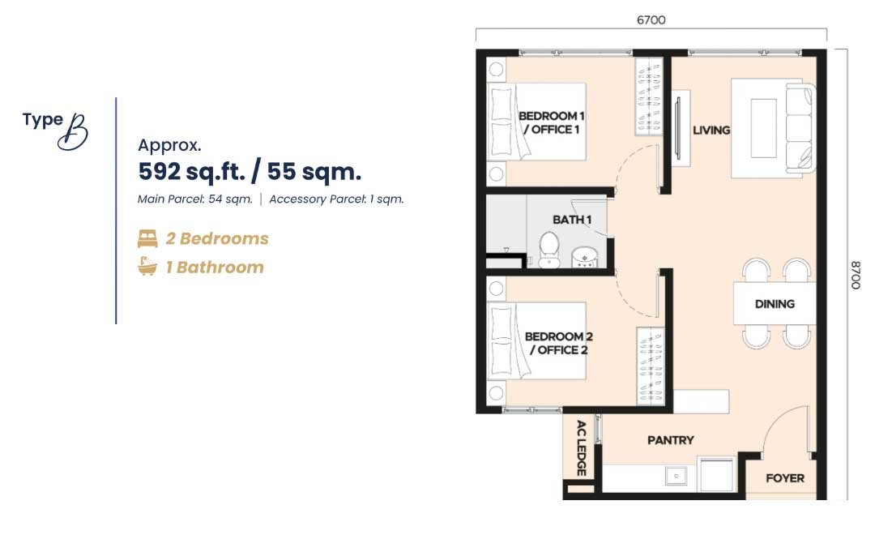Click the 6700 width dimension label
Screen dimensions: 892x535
(x=651, y=20)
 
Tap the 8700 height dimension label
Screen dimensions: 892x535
(x=856, y=275)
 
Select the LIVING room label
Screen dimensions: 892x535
(x=711, y=131)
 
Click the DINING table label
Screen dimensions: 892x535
(x=775, y=304)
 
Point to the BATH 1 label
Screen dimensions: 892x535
(x=572, y=220)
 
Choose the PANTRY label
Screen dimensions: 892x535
(x=671, y=440)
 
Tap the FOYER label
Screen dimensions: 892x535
(x=785, y=478)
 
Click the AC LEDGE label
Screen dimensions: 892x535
(x=581, y=448)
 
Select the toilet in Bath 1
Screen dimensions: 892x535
(x=549, y=250)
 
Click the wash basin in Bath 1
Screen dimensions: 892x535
(x=584, y=257)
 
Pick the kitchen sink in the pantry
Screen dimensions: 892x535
(x=676, y=476)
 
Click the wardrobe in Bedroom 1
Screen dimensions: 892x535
(x=648, y=96)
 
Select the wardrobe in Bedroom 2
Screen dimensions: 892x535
(x=651, y=366)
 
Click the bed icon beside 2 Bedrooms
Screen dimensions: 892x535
(x=147, y=238)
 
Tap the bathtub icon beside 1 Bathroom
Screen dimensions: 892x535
(x=147, y=267)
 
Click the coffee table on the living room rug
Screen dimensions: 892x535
(x=763, y=129)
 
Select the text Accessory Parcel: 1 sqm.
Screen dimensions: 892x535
(x=337, y=199)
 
